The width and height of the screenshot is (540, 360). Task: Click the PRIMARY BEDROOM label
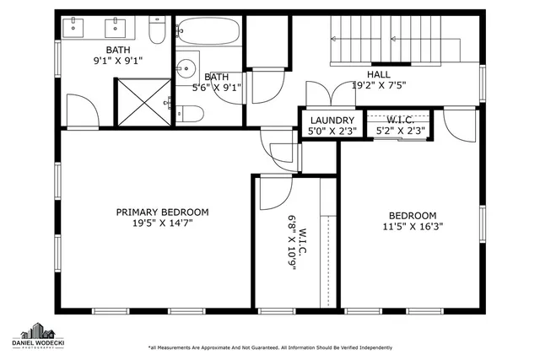pyautogui.click(x=161, y=212)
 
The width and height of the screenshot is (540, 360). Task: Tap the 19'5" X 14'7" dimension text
pyautogui.click(x=161, y=224)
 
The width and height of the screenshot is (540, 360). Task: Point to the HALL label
pyautogui.click(x=377, y=74)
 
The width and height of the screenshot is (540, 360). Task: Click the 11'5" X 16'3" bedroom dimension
pyautogui.click(x=413, y=226)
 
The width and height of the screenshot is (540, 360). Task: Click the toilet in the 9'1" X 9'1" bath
pyautogui.click(x=157, y=32)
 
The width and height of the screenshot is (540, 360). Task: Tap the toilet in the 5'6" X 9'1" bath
pyautogui.click(x=191, y=114)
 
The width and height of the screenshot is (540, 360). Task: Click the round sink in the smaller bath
pyautogui.click(x=186, y=67)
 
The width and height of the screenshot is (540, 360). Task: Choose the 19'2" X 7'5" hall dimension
pyautogui.click(x=377, y=85)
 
